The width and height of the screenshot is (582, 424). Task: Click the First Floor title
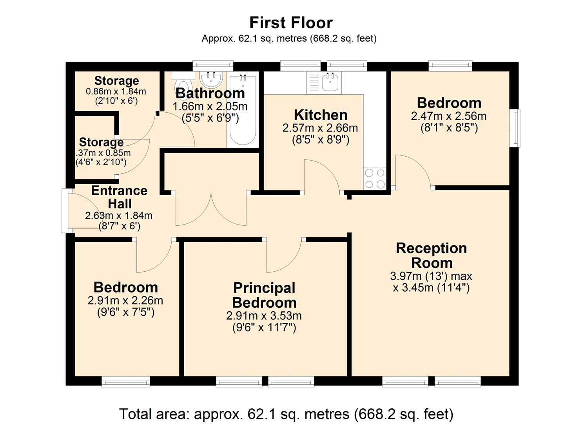291,23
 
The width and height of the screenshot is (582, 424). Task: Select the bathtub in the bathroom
243,109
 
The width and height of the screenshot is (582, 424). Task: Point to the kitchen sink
330,82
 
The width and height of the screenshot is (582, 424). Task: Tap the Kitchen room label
321,115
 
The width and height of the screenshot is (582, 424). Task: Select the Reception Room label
432,255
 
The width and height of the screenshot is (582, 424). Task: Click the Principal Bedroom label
264,295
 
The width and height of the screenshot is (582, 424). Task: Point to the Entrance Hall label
119,197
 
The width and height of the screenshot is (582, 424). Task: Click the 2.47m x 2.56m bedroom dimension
449,116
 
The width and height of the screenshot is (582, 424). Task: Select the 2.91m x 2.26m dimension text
125,301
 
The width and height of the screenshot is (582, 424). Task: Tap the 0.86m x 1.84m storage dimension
116,91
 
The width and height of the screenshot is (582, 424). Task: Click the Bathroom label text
210,93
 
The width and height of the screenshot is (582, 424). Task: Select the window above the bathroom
213,66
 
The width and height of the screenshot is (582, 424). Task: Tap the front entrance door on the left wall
83,210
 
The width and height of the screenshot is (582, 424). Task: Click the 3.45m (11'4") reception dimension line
431,288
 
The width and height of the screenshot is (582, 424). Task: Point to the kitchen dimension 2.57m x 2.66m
320,128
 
